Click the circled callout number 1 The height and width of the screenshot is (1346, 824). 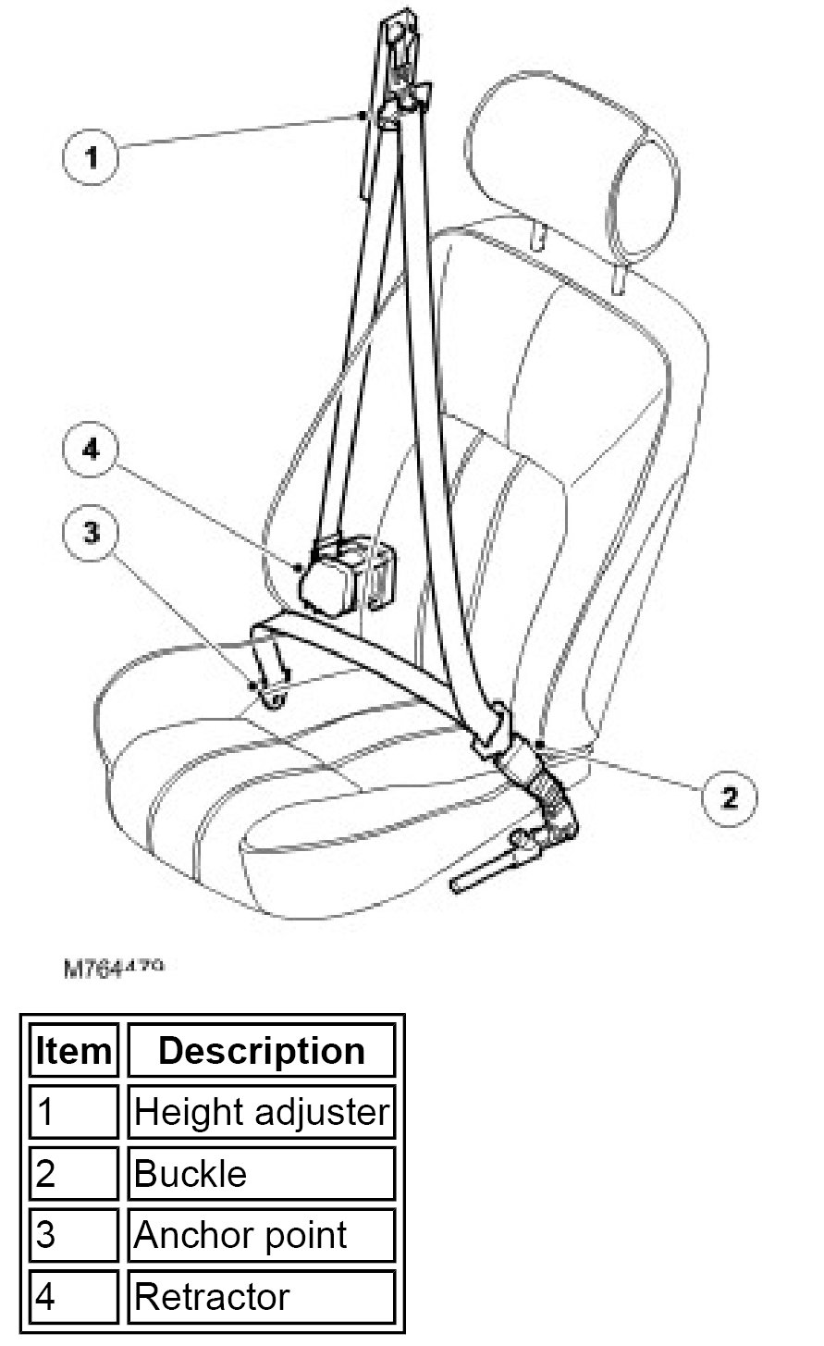91,158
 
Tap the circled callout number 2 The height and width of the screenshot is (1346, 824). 730,796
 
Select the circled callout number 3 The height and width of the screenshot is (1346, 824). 91,533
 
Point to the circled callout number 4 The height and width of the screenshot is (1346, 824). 91,451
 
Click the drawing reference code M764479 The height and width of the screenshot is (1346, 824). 114,968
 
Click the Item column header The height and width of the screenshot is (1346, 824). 74,1051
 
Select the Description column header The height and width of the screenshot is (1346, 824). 261,1051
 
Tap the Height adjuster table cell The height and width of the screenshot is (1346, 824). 261,1112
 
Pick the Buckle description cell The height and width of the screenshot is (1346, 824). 261,1173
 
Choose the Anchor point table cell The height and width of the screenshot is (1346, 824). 261,1235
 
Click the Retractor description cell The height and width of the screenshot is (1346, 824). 261,1296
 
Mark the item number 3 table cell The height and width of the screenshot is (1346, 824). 74,1235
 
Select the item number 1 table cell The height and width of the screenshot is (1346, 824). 74,1112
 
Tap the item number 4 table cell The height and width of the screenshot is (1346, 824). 74,1296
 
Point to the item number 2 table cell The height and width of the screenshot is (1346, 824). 74,1173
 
